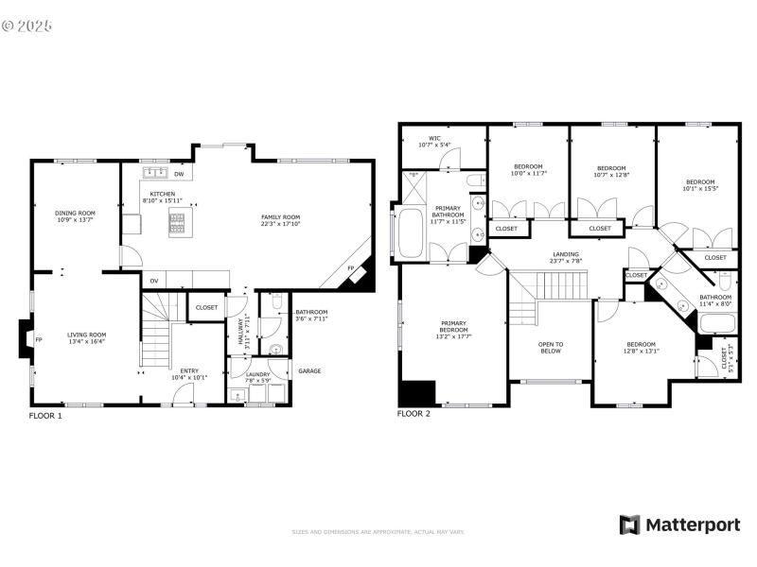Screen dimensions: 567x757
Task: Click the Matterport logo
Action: (x=679, y=524)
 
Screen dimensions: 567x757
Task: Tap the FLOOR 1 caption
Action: (x=45, y=415)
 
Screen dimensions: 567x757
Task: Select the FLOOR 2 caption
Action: (x=414, y=414)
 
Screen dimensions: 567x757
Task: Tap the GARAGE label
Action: (x=309, y=370)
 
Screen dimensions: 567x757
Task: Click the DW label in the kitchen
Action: (x=179, y=174)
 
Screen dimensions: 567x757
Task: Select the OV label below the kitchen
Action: (x=153, y=280)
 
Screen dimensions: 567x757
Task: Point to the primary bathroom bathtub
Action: (x=411, y=233)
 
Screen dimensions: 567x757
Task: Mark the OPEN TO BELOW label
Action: (x=551, y=347)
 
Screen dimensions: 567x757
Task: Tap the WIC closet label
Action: (x=434, y=139)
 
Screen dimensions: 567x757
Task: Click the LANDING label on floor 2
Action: (x=567, y=254)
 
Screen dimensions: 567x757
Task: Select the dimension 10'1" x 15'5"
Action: (x=700, y=189)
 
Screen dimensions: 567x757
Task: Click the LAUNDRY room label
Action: (x=258, y=374)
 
